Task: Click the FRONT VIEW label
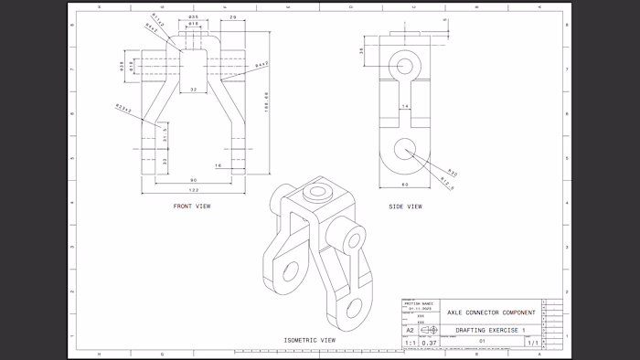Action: coord(192,206)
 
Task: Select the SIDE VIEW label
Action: coord(405,206)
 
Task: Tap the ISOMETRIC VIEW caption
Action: coord(309,340)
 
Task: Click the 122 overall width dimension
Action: coord(193,190)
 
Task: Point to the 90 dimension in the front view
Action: coord(193,180)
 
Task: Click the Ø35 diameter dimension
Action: coord(193,17)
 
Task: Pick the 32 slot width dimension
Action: coord(193,90)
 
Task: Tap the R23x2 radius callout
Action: coord(123,110)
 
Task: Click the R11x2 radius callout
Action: coord(158,19)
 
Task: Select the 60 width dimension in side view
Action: coord(404,185)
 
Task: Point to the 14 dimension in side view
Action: coord(405,107)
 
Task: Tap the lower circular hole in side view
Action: coord(404,150)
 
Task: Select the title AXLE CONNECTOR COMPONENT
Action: coord(491,312)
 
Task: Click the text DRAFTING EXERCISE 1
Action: coord(491,329)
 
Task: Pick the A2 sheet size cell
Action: coord(410,330)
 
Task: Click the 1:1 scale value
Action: coord(410,343)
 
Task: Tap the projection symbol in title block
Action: coord(429,330)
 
